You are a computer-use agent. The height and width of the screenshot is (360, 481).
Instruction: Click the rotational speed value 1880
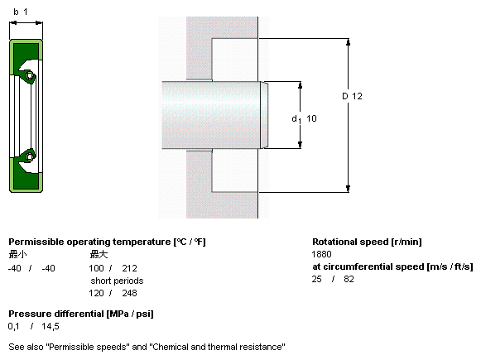coord(321,254)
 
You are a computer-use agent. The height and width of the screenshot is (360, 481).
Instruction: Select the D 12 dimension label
coord(352,96)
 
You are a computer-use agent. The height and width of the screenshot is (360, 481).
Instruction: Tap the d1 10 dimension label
coord(304,118)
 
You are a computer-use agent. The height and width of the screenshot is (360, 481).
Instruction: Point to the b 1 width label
coord(21,12)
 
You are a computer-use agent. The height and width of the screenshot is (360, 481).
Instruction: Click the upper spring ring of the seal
coord(30,75)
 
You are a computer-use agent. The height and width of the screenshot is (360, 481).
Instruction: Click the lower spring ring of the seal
coord(30,156)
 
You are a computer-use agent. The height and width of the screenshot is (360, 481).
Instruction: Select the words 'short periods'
coord(117,281)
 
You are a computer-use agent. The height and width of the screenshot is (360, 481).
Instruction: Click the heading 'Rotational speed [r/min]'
coord(367,242)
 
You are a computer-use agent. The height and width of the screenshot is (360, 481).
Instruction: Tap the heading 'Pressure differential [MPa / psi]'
coord(81,314)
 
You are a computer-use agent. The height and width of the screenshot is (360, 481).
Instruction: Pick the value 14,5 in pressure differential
coord(51,327)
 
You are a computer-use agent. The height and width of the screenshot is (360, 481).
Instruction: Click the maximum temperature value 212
coord(129,268)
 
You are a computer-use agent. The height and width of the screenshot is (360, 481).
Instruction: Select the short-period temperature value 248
coord(129,293)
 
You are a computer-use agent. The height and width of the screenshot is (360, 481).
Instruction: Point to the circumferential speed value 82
coord(349,279)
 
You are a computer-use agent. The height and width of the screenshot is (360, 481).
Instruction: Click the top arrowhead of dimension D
coord(348,41)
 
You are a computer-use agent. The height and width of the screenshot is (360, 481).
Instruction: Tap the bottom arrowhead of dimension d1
coord(300,145)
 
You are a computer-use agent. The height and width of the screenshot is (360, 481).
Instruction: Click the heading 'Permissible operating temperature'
coord(89,242)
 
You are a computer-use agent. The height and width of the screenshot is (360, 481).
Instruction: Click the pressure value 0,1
coord(13,327)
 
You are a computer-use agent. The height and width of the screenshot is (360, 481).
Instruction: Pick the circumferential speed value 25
coord(316,279)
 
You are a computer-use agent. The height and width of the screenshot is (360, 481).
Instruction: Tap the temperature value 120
coord(96,293)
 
